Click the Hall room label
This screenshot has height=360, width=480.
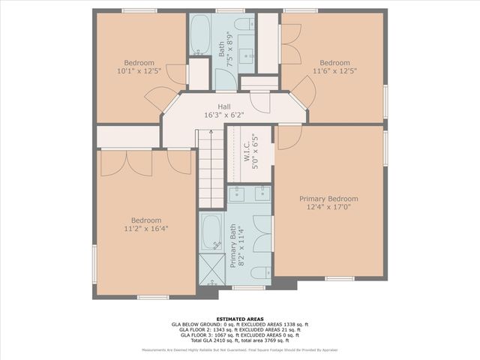coord(224,106)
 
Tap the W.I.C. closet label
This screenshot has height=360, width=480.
coord(246,154)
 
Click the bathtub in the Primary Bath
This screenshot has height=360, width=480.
coord(212,233)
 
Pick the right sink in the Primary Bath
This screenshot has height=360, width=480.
coord(262,195)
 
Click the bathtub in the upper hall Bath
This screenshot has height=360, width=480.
coord(200,34)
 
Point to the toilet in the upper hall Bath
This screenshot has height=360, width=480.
coord(244,25)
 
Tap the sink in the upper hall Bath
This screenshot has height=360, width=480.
coord(246,57)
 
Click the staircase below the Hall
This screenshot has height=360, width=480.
coord(211,168)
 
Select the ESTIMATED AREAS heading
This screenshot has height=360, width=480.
coord(239,319)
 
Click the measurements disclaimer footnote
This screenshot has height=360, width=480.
coord(239,349)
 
